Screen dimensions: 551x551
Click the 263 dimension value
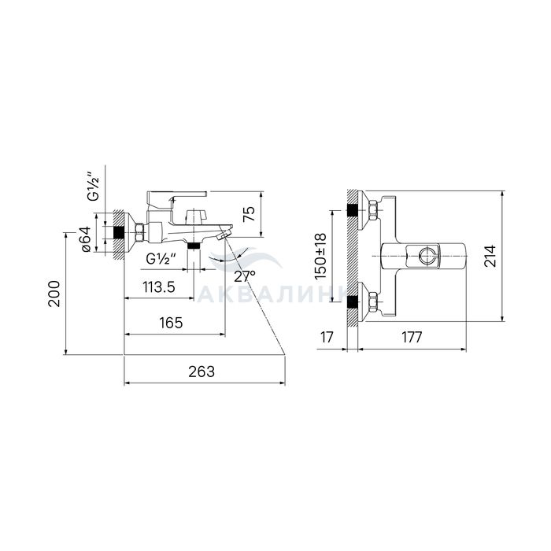[202, 372]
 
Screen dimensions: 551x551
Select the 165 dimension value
[171, 323]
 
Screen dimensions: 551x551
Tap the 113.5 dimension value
[159, 287]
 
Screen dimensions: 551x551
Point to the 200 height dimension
[54, 294]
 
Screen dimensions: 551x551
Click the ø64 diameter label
[86, 239]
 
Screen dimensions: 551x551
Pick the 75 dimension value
[250, 213]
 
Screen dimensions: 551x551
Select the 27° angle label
[245, 277]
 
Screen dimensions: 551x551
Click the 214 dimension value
[490, 256]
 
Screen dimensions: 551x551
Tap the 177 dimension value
[412, 338]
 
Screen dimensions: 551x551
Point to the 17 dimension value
[327, 338]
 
